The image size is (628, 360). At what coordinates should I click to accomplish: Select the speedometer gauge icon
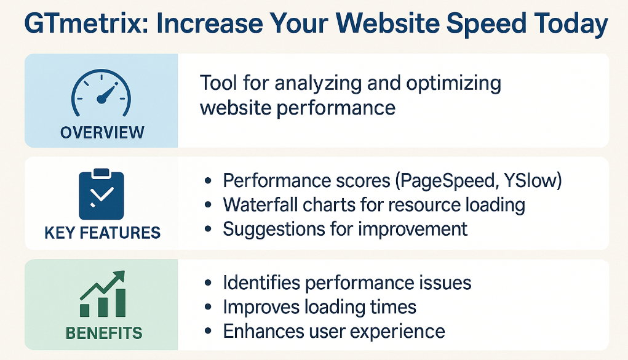tap(101, 93)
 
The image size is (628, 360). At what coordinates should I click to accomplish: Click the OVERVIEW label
tap(102, 133)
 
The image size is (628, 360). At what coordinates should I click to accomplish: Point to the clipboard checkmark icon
tap(101, 194)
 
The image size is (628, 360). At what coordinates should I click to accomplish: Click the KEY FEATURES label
tap(103, 233)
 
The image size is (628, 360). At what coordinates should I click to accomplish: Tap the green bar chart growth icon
tap(103, 294)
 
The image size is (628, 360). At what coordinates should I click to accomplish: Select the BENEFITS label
tap(104, 333)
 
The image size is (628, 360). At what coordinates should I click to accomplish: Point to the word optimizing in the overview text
tap(453, 84)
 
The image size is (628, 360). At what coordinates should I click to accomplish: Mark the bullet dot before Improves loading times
tap(208, 307)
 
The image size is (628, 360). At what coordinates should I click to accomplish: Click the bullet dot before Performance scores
tap(208, 181)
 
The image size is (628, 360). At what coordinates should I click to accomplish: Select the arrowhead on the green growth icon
tap(119, 276)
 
